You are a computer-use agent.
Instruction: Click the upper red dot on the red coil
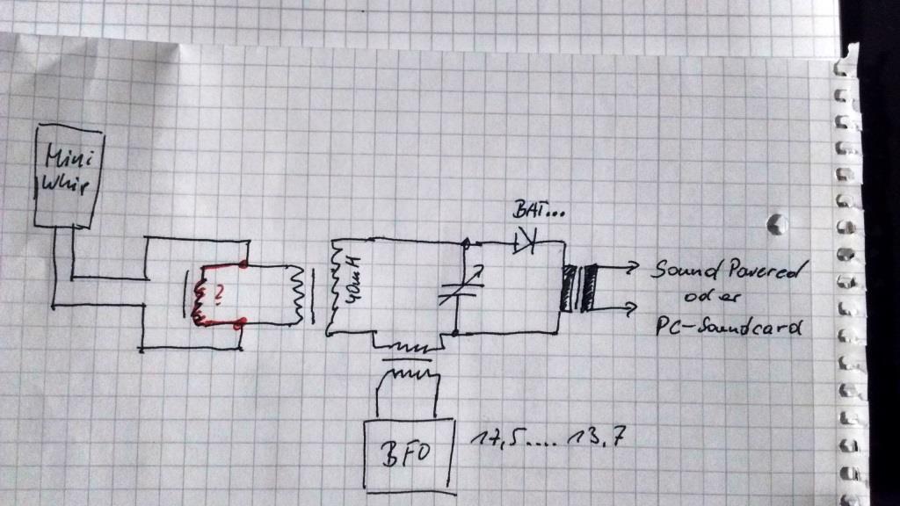point(243,264)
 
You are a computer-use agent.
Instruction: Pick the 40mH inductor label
point(353,279)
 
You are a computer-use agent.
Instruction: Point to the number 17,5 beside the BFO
point(490,437)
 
